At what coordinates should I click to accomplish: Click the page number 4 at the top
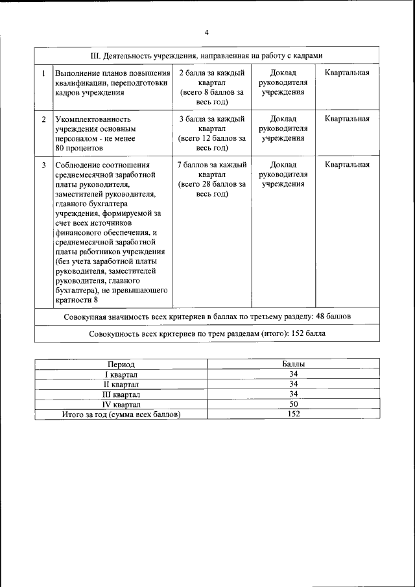point(206,32)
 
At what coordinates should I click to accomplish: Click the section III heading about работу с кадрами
point(207,56)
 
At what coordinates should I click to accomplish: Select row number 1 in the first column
point(43,73)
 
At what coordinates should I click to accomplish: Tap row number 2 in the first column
point(43,119)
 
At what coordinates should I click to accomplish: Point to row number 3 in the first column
point(43,165)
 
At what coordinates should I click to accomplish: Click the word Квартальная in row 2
point(347,119)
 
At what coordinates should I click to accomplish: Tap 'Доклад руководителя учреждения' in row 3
point(283,174)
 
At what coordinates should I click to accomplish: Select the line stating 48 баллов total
point(207,317)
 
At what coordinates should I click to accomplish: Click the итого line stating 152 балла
point(207,333)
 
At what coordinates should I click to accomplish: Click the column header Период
point(121,365)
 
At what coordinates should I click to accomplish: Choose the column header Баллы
point(294,365)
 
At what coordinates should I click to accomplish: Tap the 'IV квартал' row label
point(121,404)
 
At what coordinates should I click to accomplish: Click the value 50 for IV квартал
point(294,404)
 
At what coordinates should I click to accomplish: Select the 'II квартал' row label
point(121,384)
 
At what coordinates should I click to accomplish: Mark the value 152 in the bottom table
point(294,414)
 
